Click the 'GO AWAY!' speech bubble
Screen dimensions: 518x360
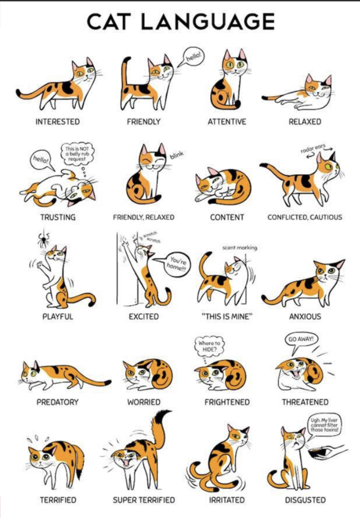click(x=301, y=339)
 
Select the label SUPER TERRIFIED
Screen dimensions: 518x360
click(x=144, y=500)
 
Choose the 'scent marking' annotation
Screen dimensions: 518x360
click(x=240, y=248)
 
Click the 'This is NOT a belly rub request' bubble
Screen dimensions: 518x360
click(x=77, y=153)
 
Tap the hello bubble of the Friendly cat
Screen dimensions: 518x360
click(x=194, y=57)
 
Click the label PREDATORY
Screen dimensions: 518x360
click(x=58, y=402)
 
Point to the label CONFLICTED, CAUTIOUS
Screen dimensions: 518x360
click(x=305, y=217)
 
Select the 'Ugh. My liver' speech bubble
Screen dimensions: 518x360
click(x=324, y=425)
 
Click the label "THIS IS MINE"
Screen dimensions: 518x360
click(x=227, y=316)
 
